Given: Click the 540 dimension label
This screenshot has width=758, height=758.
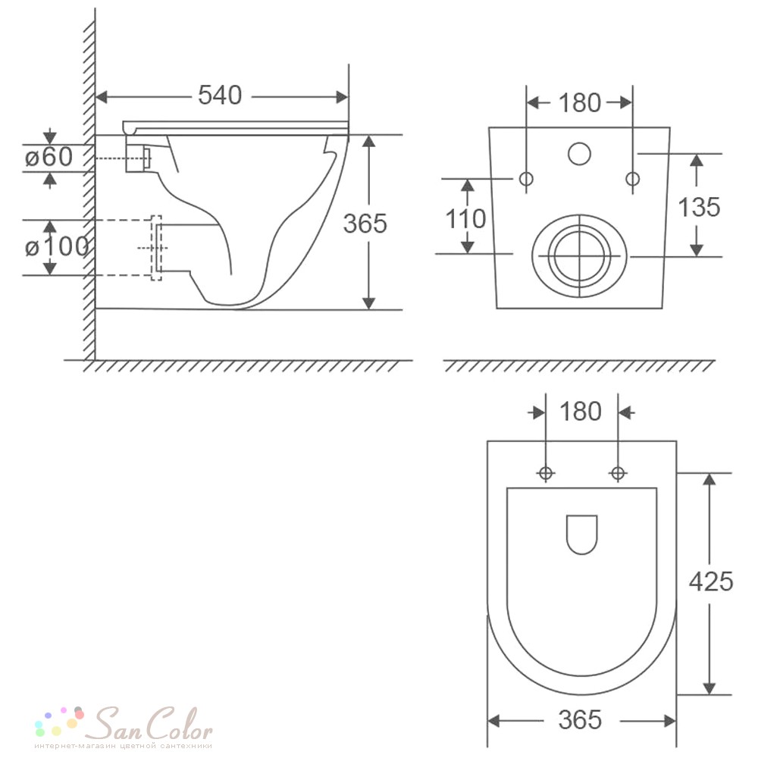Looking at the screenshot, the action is [x=220, y=96].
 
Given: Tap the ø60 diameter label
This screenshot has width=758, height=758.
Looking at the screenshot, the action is [x=49, y=157].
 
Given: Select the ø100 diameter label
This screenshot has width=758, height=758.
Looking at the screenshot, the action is [x=57, y=247].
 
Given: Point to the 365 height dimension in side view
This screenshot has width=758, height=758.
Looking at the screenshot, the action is [x=365, y=224].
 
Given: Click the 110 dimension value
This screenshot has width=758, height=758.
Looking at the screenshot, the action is [x=465, y=218].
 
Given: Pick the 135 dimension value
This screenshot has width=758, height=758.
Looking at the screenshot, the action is [x=699, y=207].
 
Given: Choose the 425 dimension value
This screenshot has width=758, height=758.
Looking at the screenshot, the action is [x=711, y=581].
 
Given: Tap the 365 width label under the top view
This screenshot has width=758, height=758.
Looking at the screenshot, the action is [x=580, y=719].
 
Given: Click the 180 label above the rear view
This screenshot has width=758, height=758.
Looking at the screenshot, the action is [x=580, y=102].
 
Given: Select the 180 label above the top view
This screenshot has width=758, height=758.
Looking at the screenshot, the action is [x=581, y=412].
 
